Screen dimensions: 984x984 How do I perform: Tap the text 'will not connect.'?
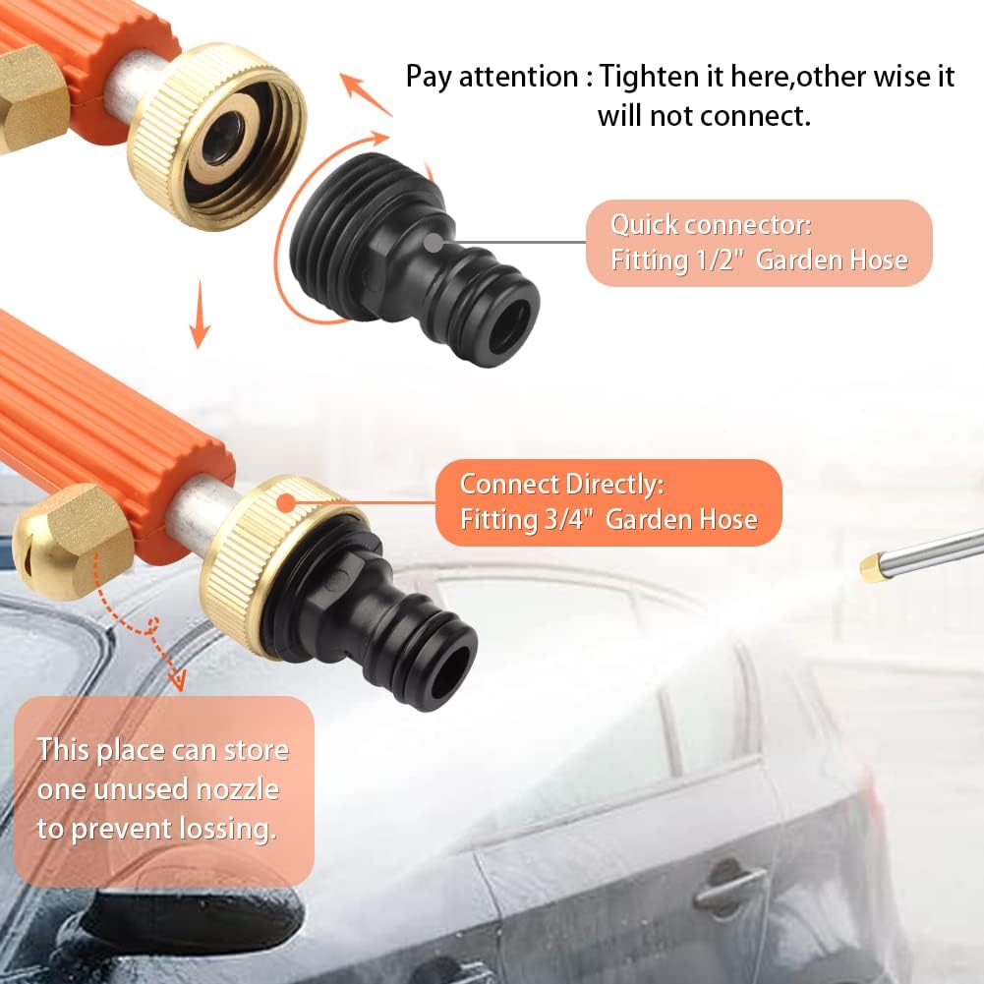(x=704, y=116)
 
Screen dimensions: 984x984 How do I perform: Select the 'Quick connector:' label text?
(x=711, y=225)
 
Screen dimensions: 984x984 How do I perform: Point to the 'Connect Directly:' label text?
(x=561, y=484)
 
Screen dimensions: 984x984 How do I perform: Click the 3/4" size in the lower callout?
(x=568, y=520)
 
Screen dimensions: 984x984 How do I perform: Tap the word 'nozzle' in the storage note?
(x=237, y=789)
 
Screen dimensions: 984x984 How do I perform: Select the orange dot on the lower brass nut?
(x=286, y=502)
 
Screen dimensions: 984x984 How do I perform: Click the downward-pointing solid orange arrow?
(x=200, y=314)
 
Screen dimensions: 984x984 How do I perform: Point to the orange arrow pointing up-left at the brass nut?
(x=366, y=94)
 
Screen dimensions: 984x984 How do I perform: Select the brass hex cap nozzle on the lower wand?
(x=73, y=541)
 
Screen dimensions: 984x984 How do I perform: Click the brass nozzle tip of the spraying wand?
(x=872, y=568)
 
